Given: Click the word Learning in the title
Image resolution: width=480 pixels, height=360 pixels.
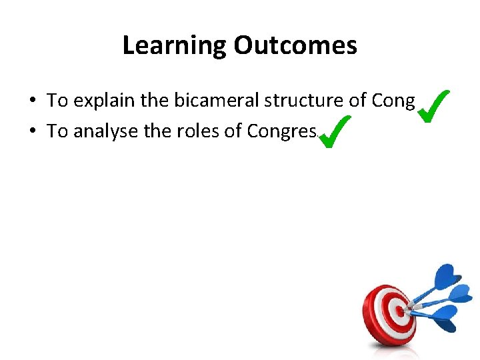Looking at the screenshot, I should click(x=175, y=45).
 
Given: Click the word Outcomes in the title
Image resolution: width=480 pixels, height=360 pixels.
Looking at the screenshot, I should click(x=295, y=45).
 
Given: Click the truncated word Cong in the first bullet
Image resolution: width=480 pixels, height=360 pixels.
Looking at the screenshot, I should click(x=393, y=101).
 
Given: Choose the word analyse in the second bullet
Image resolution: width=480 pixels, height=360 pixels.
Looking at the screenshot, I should click(x=106, y=131).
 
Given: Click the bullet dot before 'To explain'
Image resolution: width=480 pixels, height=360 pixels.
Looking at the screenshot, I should click(x=32, y=101).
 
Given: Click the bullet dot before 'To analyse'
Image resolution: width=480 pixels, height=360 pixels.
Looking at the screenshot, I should click(x=32, y=132).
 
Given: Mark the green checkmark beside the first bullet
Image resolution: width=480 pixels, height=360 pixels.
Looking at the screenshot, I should click(x=433, y=105).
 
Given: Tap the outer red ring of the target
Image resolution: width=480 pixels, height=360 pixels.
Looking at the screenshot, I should click(x=371, y=313).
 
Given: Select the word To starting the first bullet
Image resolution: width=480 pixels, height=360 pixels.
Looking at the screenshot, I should click(x=57, y=101).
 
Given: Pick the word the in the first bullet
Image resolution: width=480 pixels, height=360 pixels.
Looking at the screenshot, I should click(x=155, y=101).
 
